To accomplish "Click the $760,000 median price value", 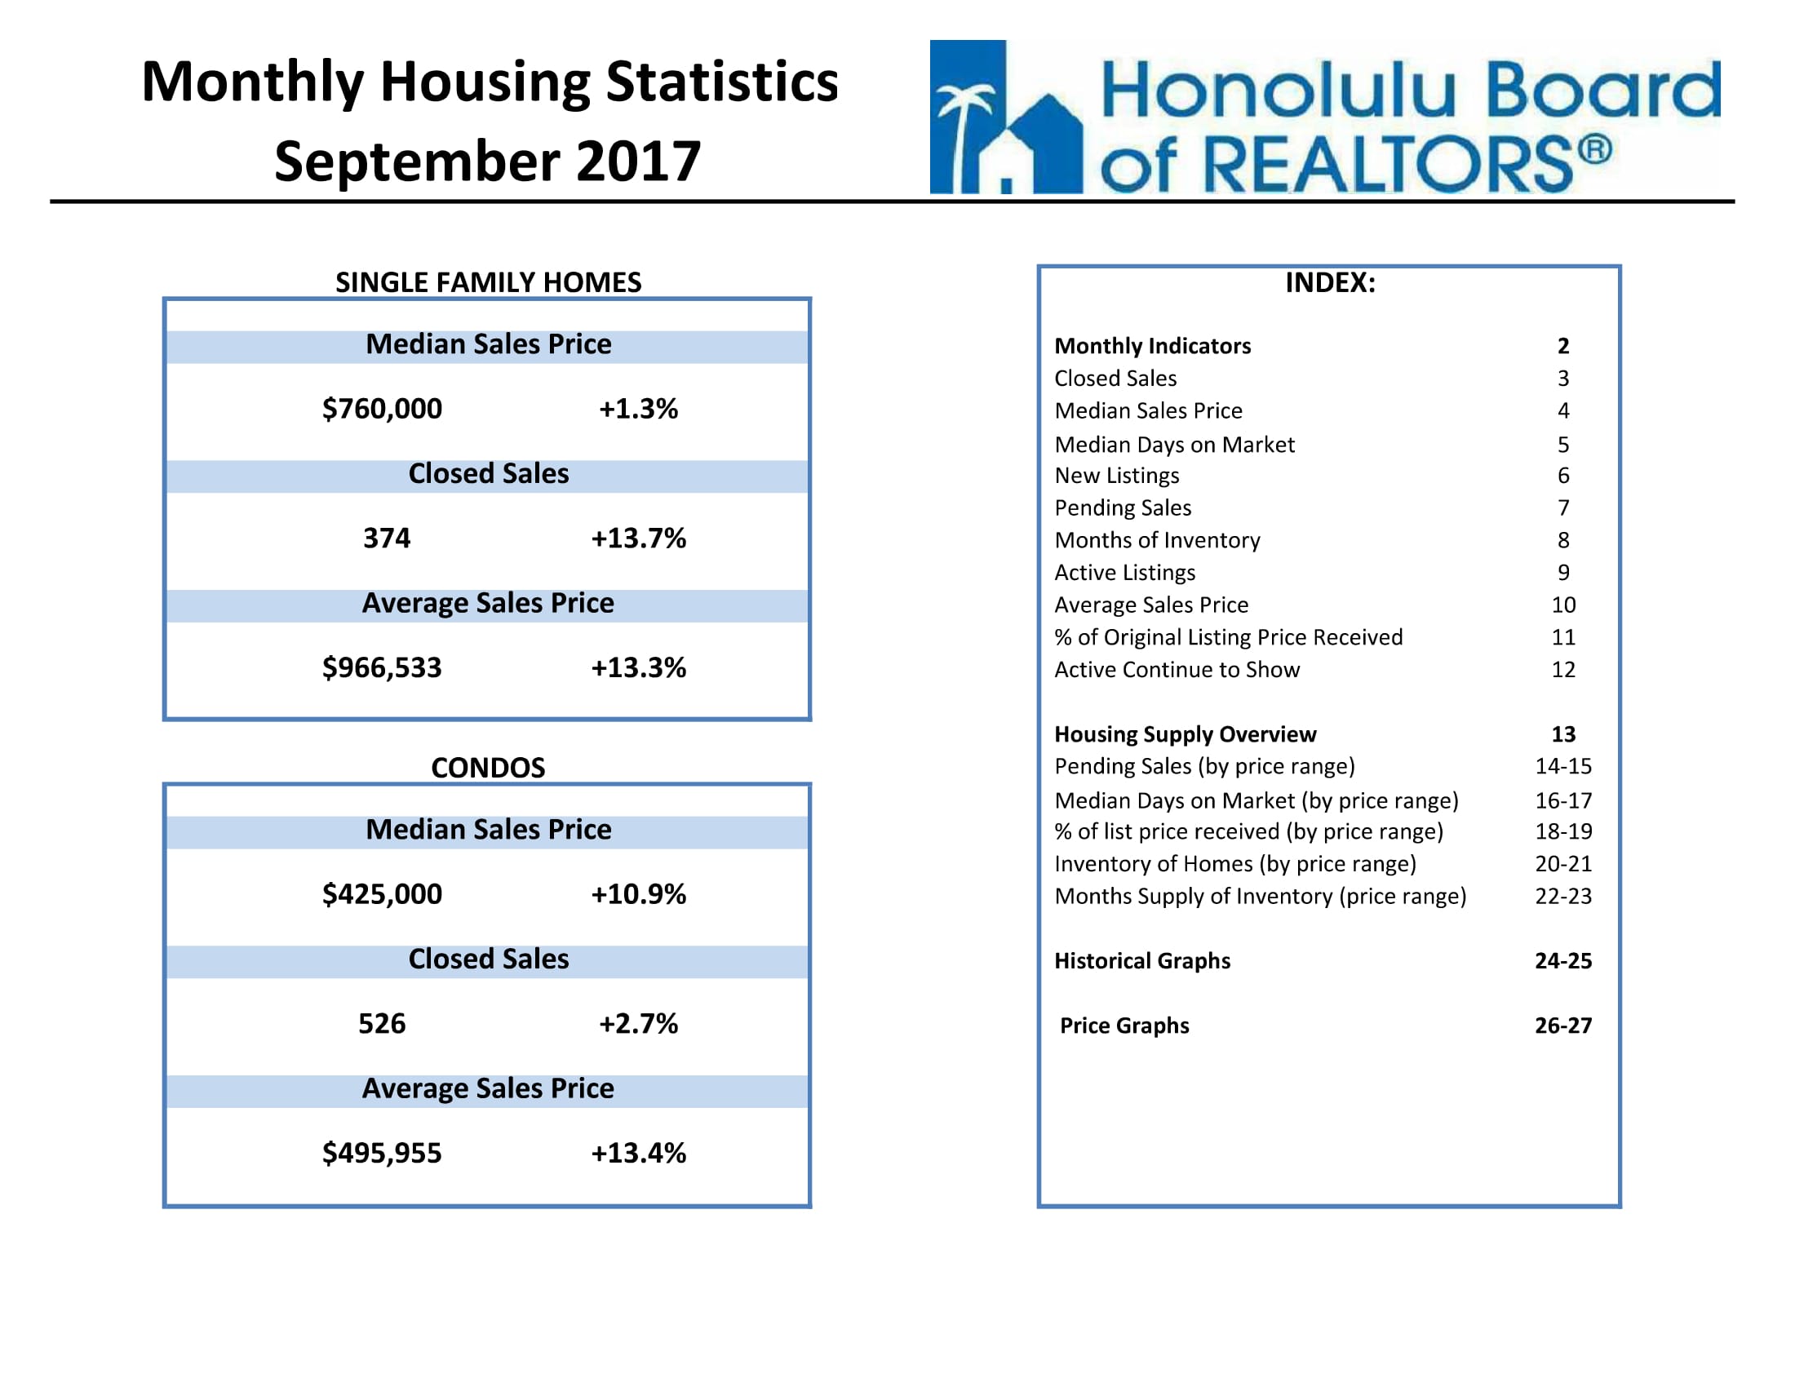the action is click(382, 409).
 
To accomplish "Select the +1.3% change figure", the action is click(639, 409).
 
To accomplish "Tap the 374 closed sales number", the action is click(387, 538).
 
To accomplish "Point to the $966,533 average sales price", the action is click(382, 667).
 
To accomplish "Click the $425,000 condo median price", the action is click(382, 894).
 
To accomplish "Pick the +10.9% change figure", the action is click(639, 894).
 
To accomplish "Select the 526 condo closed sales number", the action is click(382, 1024).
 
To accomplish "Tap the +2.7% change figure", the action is click(639, 1024).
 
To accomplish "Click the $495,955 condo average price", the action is click(382, 1153).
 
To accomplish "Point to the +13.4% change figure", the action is click(639, 1153).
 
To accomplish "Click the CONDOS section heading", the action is click(488, 768).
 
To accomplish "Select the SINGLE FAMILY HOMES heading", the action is click(488, 281).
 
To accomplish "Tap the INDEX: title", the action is click(1330, 281).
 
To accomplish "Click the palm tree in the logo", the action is click(967, 135).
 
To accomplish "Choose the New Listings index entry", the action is click(1116, 476).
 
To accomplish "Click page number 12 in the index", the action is click(1563, 670).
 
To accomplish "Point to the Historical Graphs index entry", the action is click(1142, 960).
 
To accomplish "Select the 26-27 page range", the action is click(1563, 1026).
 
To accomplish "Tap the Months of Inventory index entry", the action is click(1157, 540).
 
